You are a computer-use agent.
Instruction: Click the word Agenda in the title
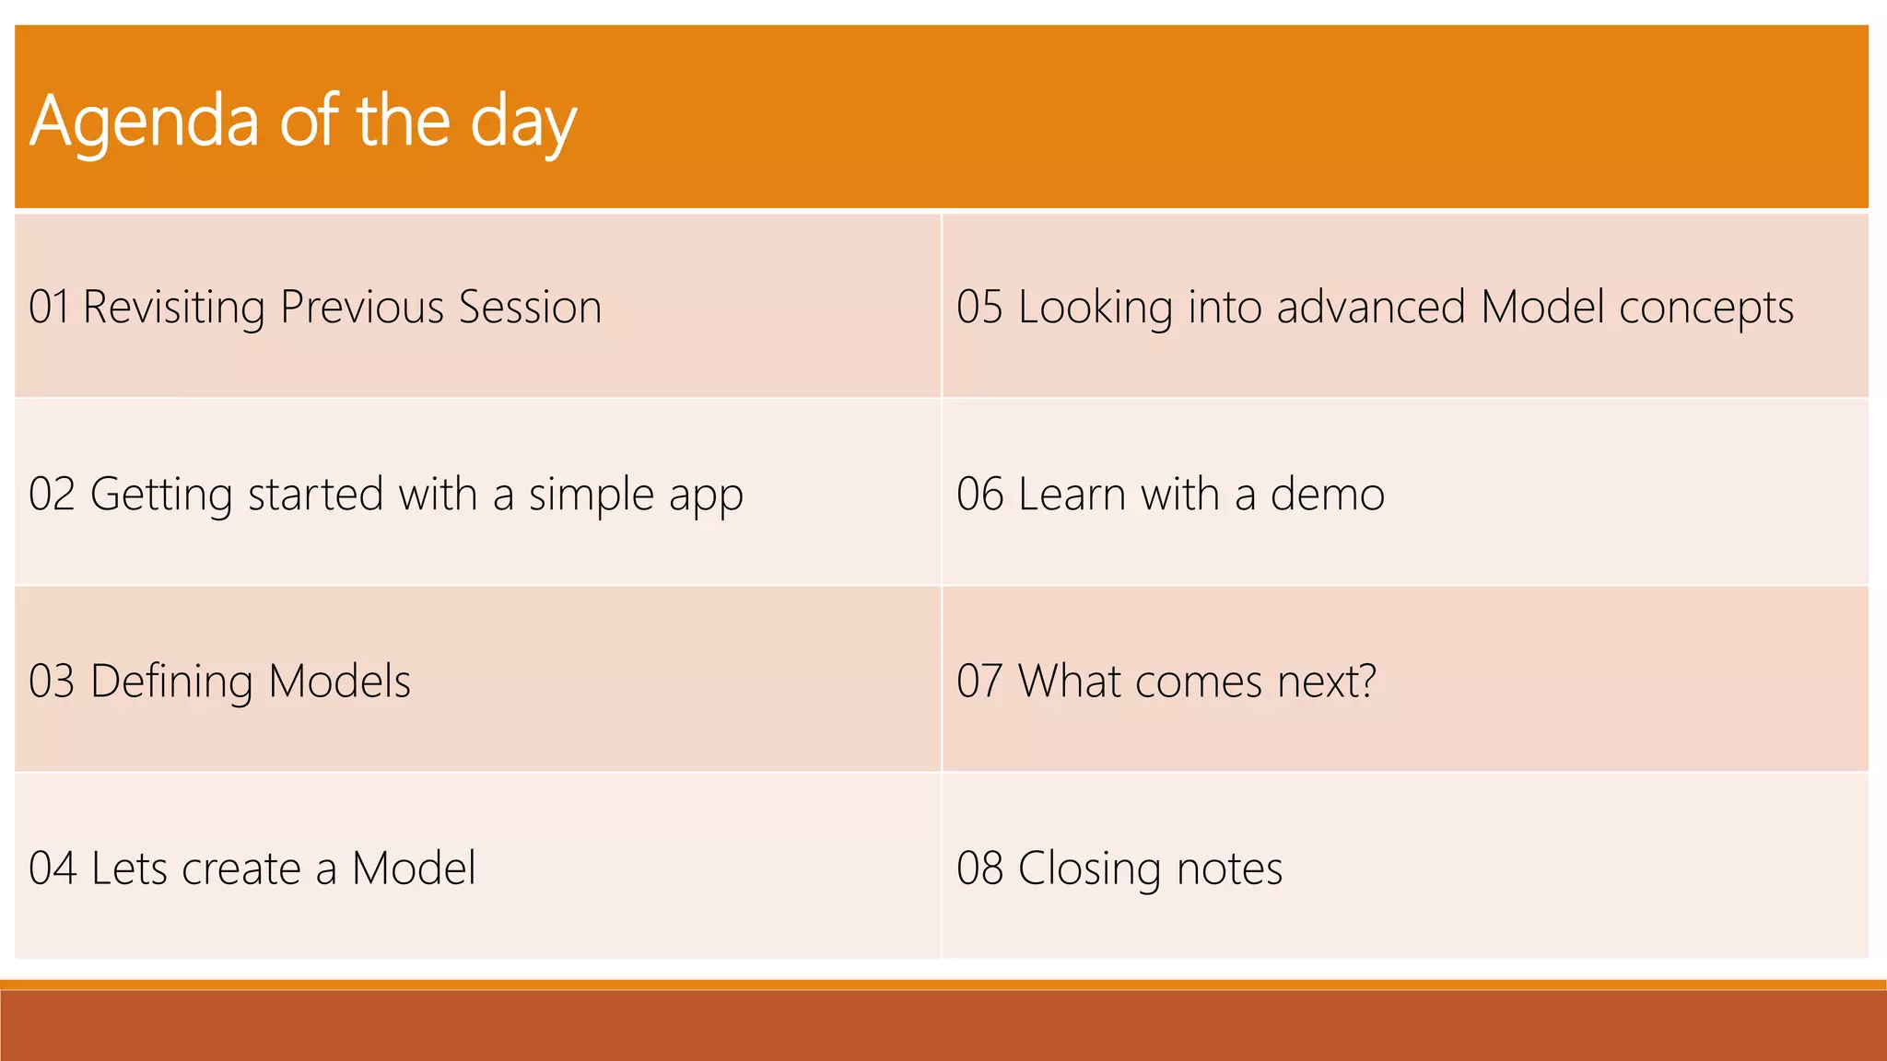coord(145,122)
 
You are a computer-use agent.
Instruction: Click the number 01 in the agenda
coord(49,307)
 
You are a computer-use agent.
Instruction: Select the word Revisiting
coord(173,308)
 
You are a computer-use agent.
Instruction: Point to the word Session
coord(530,307)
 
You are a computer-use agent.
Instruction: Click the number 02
coord(52,495)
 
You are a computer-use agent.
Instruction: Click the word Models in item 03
coord(339,682)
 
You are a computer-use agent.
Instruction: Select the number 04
coord(53,869)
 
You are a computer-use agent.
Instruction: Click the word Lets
coord(129,869)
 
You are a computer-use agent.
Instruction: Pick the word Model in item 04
coord(414,869)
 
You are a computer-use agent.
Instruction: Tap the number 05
coord(979,307)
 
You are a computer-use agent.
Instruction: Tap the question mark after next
coord(1366,682)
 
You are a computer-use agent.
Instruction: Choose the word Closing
coord(1089,869)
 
